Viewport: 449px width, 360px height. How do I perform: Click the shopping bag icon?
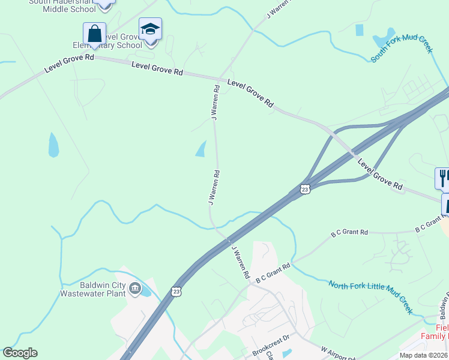94,33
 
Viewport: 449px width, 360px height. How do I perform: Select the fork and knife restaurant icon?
443,178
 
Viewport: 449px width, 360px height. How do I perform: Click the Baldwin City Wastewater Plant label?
93,289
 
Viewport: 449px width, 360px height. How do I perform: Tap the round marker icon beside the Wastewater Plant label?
136,290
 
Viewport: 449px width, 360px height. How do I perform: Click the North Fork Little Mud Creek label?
371,297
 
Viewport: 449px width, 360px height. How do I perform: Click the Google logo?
20,353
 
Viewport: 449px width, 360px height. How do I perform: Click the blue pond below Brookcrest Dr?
286,353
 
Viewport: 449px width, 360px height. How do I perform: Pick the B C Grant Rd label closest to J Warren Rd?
273,273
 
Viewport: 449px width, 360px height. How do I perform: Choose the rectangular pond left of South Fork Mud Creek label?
359,29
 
